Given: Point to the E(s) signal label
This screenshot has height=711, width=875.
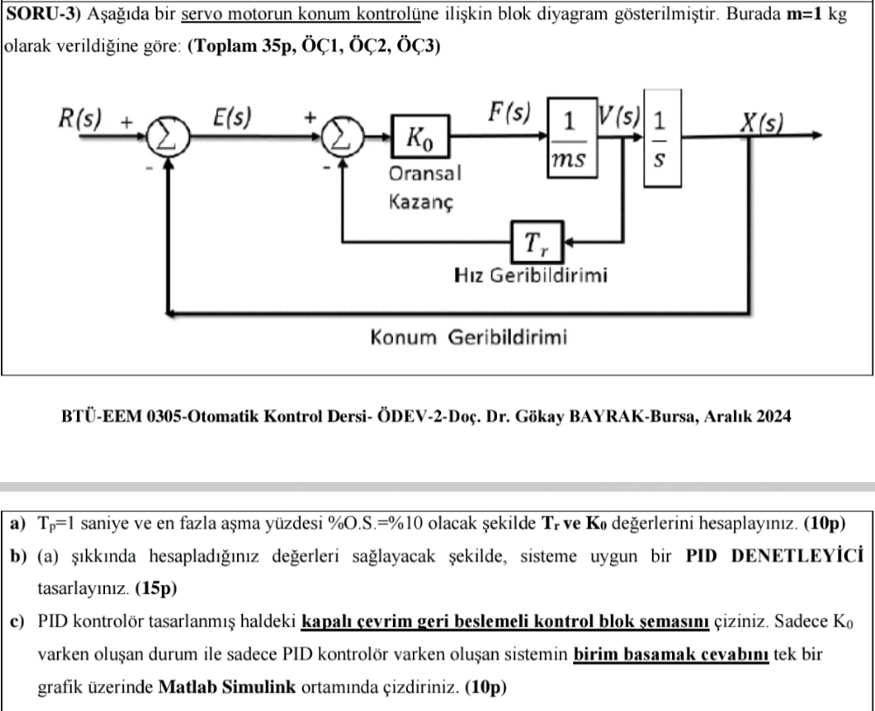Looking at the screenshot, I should tap(234, 116).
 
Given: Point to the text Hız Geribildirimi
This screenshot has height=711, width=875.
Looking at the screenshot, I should tap(532, 276).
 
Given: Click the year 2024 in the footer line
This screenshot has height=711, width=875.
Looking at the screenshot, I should tap(771, 416).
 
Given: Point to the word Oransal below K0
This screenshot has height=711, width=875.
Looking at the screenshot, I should tap(424, 173).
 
